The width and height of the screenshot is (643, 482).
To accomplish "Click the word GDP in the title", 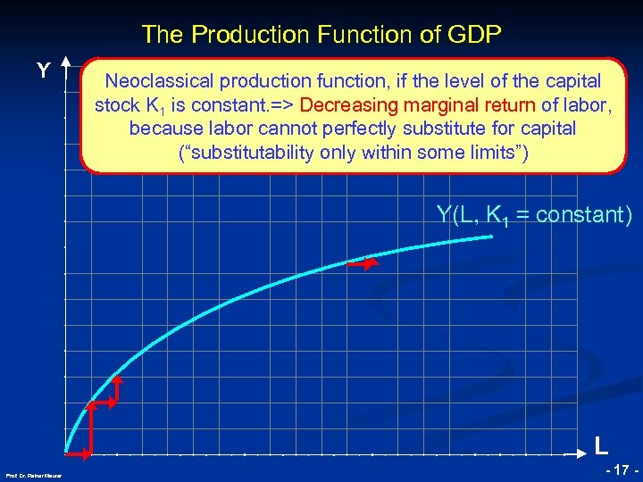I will [x=476, y=35].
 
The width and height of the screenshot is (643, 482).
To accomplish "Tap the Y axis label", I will [x=42, y=71].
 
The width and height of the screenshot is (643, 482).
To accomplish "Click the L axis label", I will [x=602, y=445].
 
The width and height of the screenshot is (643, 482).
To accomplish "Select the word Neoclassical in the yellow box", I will [x=157, y=81].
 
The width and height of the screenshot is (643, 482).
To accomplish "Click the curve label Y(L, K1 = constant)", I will [x=534, y=214].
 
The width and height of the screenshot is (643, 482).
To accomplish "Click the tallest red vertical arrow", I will [x=91, y=429].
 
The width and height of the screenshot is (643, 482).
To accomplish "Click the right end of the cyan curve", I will [x=492, y=237].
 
